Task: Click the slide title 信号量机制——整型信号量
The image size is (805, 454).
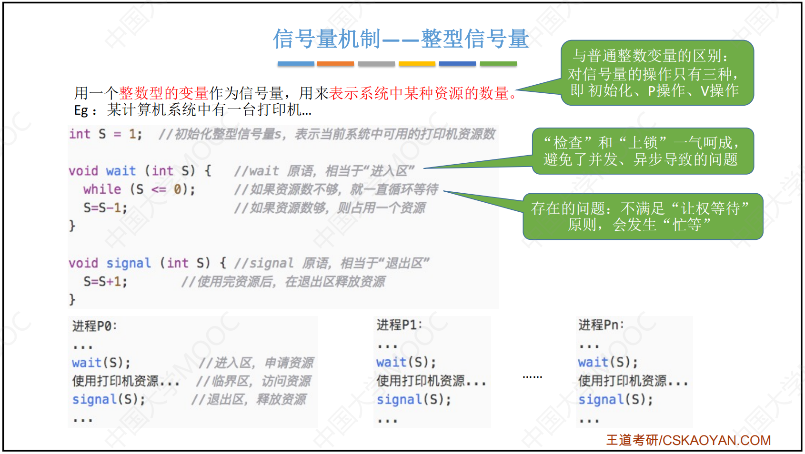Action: coord(401,39)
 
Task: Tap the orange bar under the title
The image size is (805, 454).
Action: coord(335,64)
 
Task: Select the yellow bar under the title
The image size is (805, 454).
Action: coord(417,64)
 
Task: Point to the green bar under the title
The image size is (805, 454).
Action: coord(498,64)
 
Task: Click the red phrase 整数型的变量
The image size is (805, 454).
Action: coord(164,93)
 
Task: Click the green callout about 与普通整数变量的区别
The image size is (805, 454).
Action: coord(657,73)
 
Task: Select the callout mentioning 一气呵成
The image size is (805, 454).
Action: coord(643,151)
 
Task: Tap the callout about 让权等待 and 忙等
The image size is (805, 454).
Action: coord(643,217)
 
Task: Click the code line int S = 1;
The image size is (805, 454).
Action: coord(106,134)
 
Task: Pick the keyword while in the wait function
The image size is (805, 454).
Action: coord(102,189)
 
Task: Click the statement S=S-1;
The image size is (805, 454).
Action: coord(105,208)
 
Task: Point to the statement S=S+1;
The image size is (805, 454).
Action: coord(105,282)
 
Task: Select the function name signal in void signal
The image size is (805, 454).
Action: coord(129,263)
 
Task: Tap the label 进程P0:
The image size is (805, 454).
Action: coord(94,326)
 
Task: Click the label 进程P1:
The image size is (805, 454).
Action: coord(399,325)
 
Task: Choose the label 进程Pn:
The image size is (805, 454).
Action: coord(601,325)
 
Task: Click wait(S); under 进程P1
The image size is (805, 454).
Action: coord(406,363)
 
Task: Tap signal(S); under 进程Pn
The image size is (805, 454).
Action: coord(615,399)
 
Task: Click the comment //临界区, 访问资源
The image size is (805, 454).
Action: coord(253,381)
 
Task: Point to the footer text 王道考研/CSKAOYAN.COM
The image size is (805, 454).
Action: coord(688,440)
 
